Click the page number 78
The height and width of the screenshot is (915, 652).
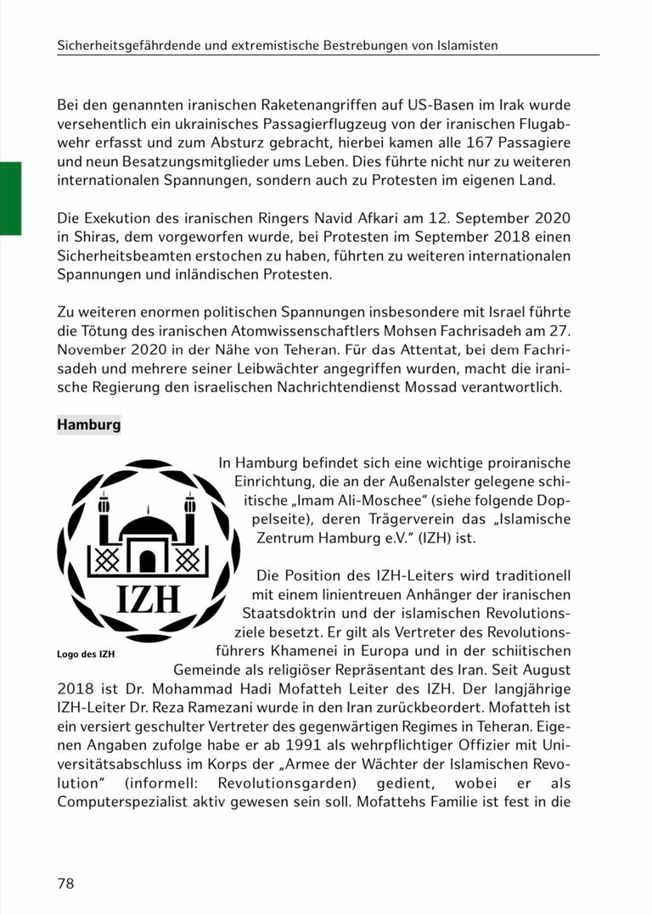66,884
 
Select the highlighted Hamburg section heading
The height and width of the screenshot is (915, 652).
88,424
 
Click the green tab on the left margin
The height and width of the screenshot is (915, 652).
10,197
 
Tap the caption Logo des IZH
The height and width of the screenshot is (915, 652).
85,654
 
